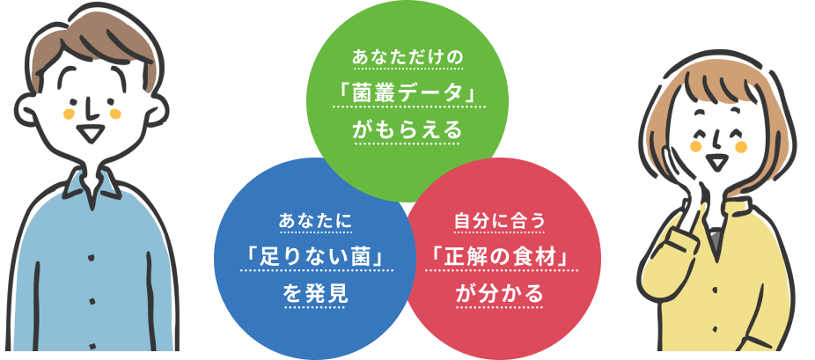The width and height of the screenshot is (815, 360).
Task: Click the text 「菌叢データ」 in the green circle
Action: point(407,92)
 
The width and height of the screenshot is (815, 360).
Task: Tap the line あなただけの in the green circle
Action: point(407,58)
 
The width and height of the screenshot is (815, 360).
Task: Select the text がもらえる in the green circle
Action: point(407,130)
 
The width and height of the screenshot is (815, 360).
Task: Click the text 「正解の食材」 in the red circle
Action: point(500,256)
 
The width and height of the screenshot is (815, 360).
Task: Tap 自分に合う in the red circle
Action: point(500,220)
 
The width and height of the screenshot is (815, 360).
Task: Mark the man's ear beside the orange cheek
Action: point(154,106)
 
